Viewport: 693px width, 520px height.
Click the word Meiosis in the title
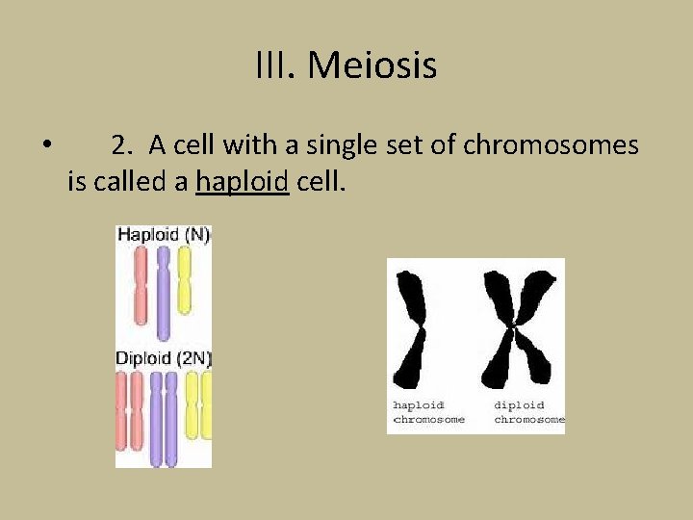[372, 66]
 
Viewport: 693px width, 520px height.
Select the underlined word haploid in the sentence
[243, 181]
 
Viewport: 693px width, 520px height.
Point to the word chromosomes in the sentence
[551, 145]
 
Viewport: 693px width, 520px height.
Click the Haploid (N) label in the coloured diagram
[164, 235]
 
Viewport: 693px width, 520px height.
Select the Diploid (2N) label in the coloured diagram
[164, 358]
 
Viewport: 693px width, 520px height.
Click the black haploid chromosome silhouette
[415, 327]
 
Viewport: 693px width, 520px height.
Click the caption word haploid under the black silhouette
[419, 405]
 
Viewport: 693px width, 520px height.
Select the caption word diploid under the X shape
[520, 405]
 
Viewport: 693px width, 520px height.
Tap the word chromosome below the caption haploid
[428, 420]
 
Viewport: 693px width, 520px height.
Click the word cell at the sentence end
[320, 181]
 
